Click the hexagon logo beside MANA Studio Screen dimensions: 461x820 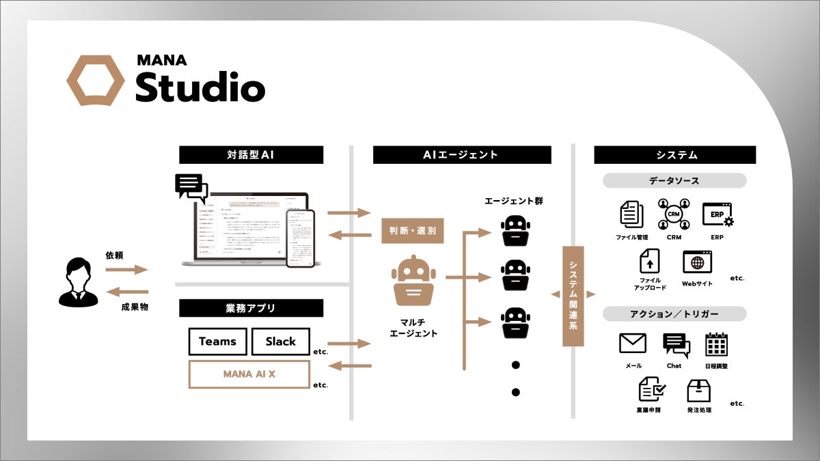pyautogui.click(x=95, y=81)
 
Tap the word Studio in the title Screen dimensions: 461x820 pyautogui.click(x=200, y=87)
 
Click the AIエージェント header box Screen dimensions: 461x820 pyautogui.click(x=461, y=155)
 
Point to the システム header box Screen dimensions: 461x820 pyautogui.click(x=674, y=155)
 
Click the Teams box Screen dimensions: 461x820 pyautogui.click(x=217, y=341)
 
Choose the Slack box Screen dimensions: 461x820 pyautogui.click(x=280, y=341)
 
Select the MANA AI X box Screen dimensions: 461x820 pyautogui.click(x=249, y=374)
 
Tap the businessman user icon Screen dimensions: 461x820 pyautogui.click(x=78, y=282)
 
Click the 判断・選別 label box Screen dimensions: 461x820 pyautogui.click(x=413, y=230)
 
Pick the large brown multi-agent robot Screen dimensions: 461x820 pyautogui.click(x=413, y=279)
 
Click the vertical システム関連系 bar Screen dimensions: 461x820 pyautogui.click(x=573, y=296)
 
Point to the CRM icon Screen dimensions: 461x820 pyautogui.click(x=674, y=214)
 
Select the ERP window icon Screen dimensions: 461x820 pyautogui.click(x=717, y=214)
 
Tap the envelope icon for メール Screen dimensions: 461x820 pyautogui.click(x=633, y=343)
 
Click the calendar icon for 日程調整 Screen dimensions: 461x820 pyautogui.click(x=716, y=344)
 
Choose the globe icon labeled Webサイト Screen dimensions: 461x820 pyautogui.click(x=697, y=262)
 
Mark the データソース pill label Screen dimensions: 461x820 pyautogui.click(x=674, y=181)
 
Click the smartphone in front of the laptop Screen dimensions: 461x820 pyautogui.click(x=300, y=238)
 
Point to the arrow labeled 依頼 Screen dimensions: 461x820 pyautogui.click(x=126, y=270)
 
